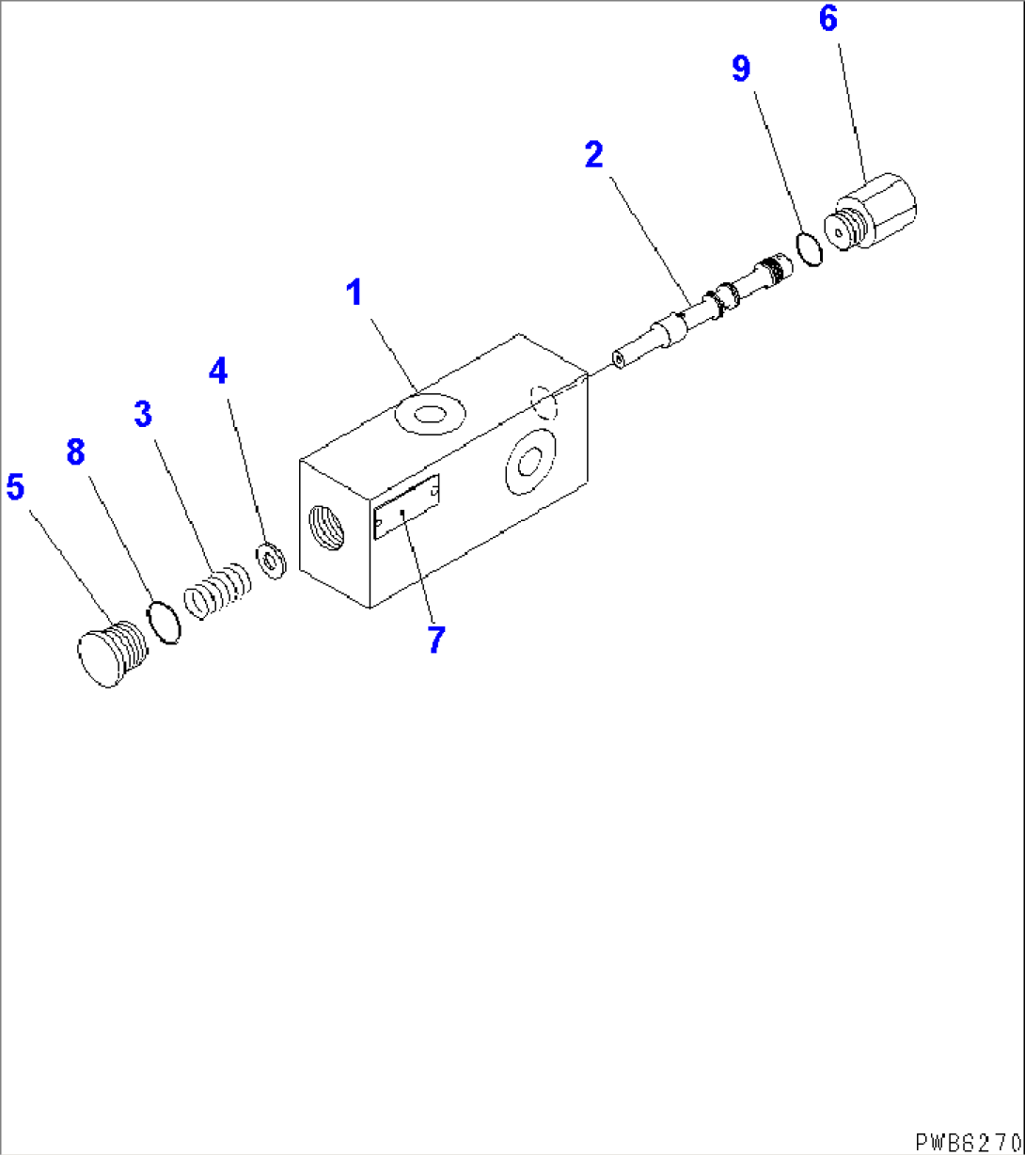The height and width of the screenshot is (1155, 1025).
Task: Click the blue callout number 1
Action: pos(354,294)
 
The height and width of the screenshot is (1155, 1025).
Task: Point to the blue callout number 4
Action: pos(218,372)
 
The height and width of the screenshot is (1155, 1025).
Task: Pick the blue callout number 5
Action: pos(15,487)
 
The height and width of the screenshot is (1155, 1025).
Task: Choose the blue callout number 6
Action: pos(828,19)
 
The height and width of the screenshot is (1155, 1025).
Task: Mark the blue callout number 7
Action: pos(435,641)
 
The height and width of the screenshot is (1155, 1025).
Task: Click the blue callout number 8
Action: pos(75,452)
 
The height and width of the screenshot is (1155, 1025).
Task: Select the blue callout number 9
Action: pos(742,68)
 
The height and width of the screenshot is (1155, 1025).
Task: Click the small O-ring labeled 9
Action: pos(808,248)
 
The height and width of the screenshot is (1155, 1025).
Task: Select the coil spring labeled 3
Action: pos(218,592)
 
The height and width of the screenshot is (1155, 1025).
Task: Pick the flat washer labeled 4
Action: pos(273,562)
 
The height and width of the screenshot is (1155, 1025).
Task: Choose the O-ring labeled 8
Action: pos(165,623)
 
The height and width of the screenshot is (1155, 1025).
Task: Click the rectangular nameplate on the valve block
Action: pos(406,508)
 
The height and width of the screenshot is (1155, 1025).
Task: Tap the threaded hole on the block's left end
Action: pos(326,527)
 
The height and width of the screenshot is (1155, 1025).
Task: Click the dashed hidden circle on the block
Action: pos(544,403)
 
